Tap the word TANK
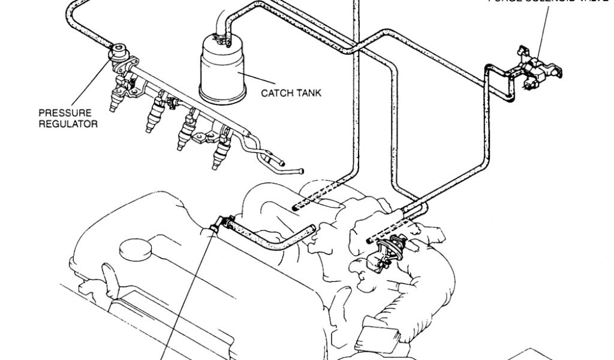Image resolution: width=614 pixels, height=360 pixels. (x=309, y=93)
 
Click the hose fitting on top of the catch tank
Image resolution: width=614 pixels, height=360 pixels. (x=227, y=40)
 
